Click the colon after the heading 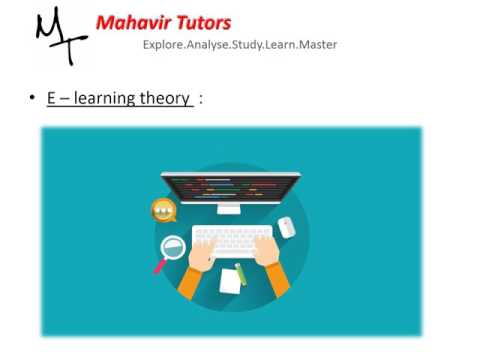pos(201,98)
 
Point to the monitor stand pos(229,208)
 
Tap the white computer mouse pos(287,227)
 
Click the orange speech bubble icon pos(163,210)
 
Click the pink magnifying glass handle pos(158,267)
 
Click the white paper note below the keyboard pos(230,280)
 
